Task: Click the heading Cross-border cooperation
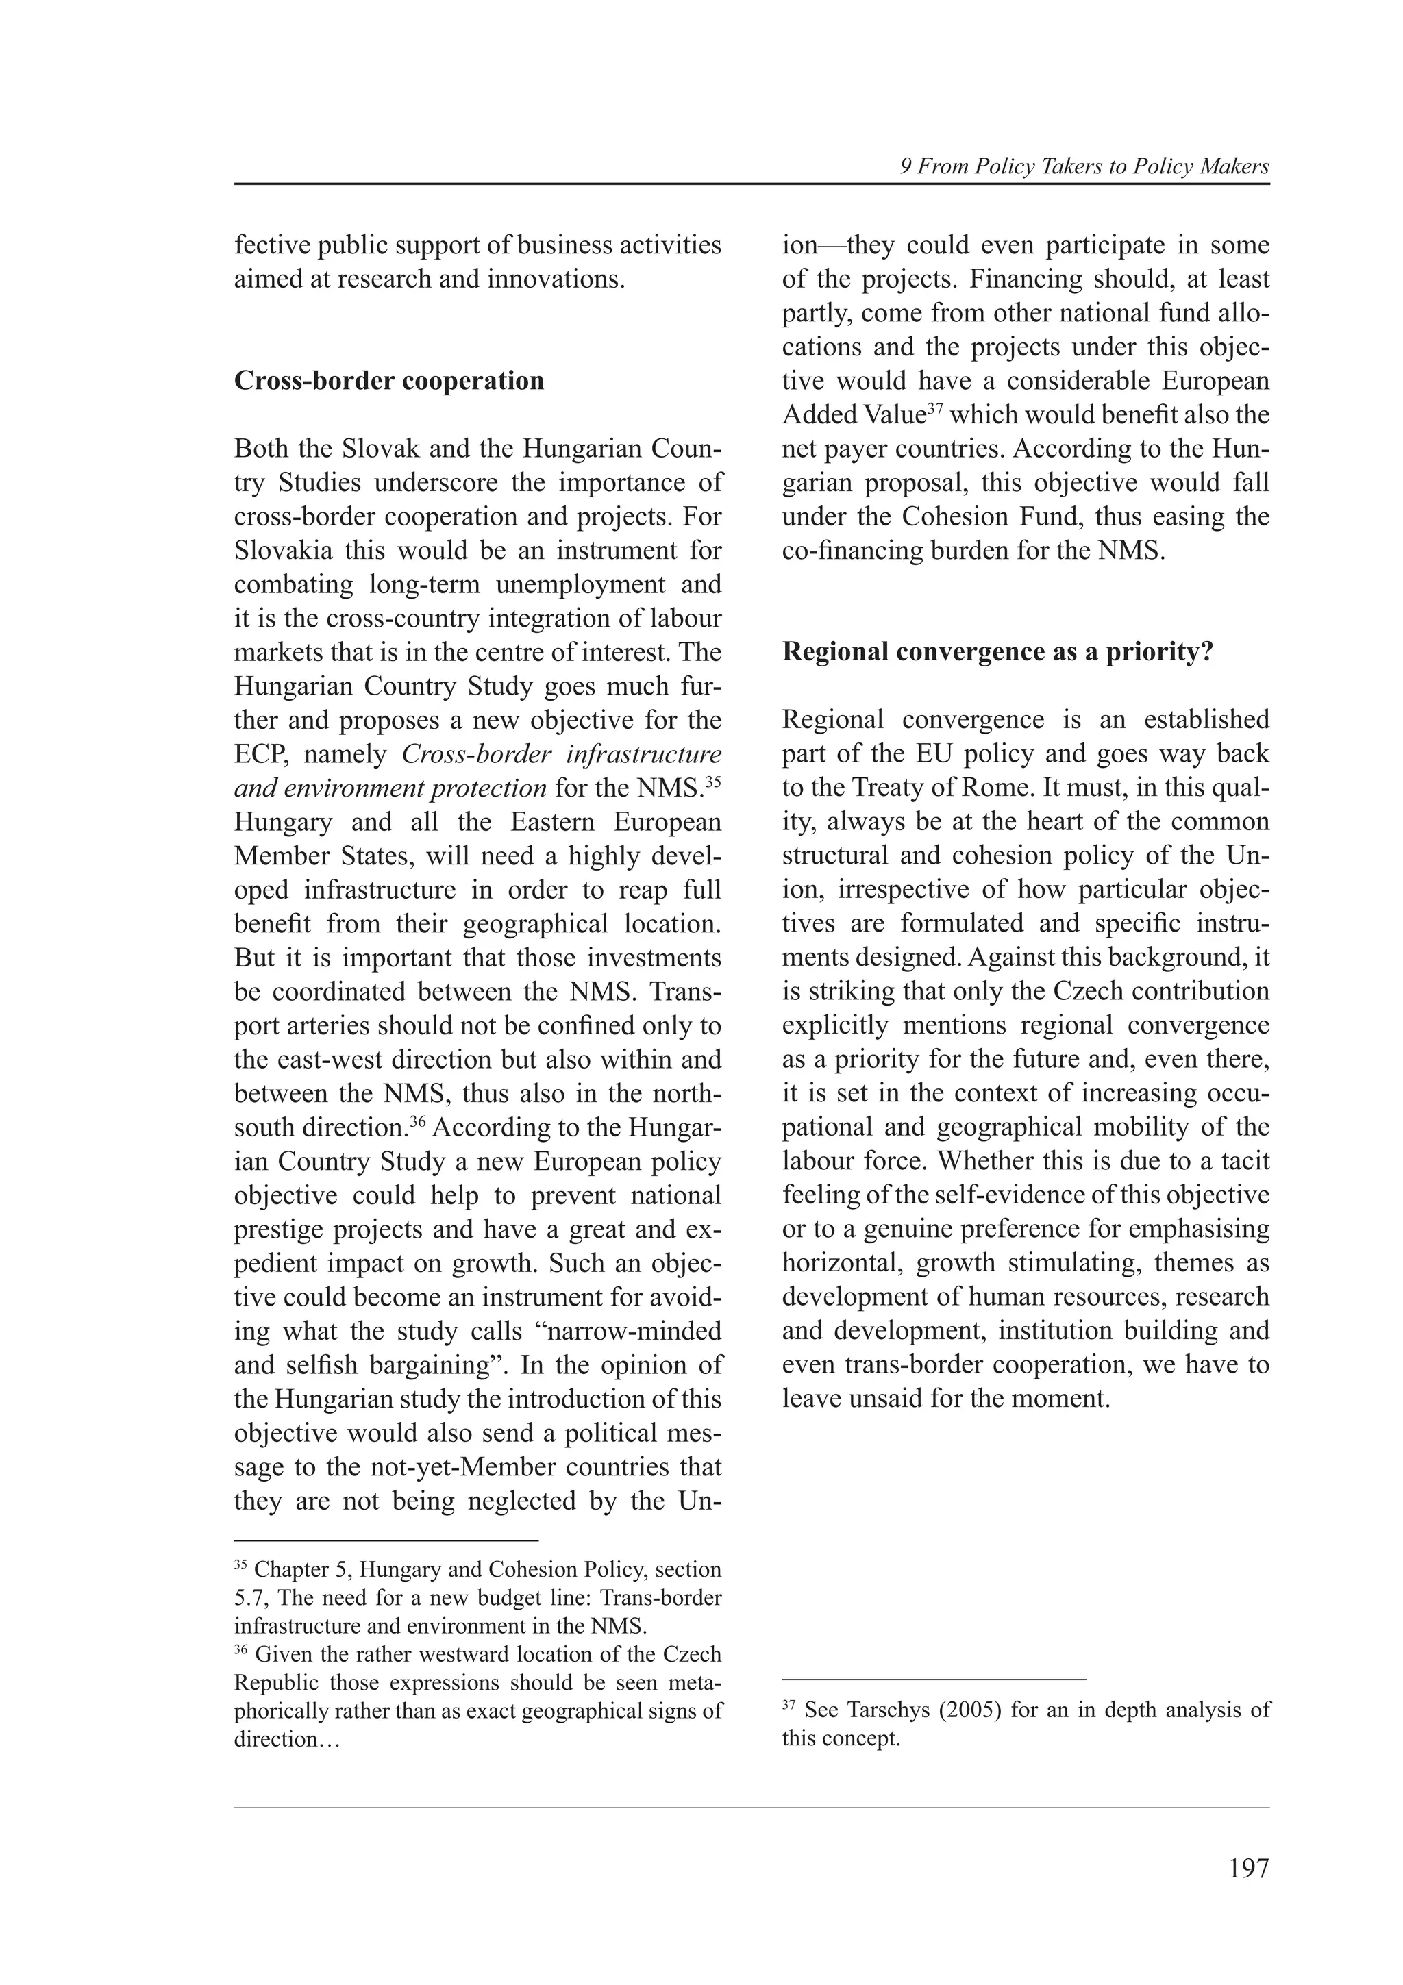point(389,382)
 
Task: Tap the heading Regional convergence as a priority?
point(997,652)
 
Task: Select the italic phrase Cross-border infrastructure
point(562,755)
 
